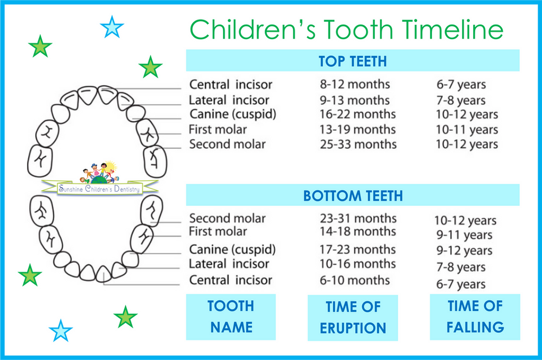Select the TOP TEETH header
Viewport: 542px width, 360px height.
[x=353, y=60]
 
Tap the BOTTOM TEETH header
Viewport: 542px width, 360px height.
[x=353, y=195]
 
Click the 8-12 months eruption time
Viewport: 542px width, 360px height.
[x=355, y=84]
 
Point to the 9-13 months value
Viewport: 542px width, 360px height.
[x=355, y=100]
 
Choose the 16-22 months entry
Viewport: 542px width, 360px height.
[x=358, y=114]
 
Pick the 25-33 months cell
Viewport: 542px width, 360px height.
[x=358, y=144]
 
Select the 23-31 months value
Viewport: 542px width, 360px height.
[x=358, y=218]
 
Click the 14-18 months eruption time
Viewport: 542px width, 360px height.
[x=358, y=231]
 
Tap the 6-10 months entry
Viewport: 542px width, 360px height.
[x=355, y=280]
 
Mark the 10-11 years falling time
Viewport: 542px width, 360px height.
[x=467, y=130]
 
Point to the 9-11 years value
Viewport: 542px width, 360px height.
[x=464, y=235]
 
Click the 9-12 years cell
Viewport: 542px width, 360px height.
[x=464, y=251]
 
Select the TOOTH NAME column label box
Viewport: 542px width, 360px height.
[x=231, y=317]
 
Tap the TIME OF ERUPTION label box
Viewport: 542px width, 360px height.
[x=353, y=318]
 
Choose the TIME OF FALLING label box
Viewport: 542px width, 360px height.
[x=475, y=317]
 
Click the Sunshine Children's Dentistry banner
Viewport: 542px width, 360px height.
[x=99, y=188]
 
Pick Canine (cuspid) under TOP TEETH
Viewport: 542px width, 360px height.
[x=233, y=115]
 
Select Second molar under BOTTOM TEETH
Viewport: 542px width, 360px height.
[x=227, y=218]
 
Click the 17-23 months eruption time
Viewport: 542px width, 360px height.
[x=358, y=249]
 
